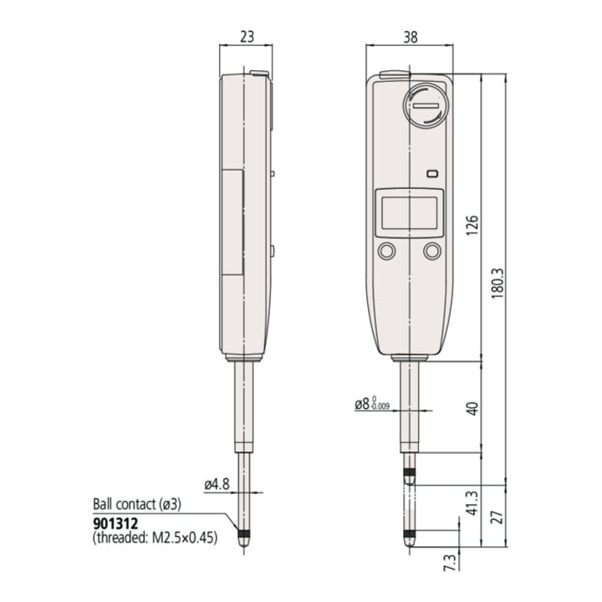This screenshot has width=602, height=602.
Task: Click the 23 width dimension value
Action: [247, 37]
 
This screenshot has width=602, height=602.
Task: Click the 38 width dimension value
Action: [411, 38]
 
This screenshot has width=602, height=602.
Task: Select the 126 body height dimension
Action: [472, 226]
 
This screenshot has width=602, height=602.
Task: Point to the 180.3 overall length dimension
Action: [497, 283]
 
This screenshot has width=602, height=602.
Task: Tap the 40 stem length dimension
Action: [473, 408]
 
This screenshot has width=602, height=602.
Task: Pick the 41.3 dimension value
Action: [472, 503]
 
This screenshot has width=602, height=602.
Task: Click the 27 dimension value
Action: [497, 517]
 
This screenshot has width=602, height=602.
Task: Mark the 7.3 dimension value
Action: [450, 563]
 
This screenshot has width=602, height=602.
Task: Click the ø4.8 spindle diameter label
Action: [217, 484]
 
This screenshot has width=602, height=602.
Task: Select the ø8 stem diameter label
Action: [371, 404]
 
